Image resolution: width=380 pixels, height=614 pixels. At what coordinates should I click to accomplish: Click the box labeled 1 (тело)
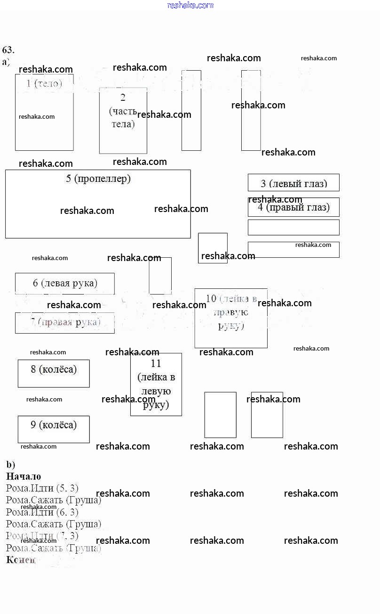[44, 112]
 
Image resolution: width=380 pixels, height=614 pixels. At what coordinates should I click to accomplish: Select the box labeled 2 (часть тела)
[123, 120]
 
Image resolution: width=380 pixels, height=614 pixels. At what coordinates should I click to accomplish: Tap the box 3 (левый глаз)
[293, 183]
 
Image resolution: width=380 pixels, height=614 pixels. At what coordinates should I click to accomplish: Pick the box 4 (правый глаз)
[293, 207]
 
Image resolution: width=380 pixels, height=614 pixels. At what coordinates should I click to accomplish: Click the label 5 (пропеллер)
[98, 179]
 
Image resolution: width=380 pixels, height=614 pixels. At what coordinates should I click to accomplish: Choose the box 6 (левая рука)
[65, 283]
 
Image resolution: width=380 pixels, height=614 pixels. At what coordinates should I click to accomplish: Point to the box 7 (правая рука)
[65, 323]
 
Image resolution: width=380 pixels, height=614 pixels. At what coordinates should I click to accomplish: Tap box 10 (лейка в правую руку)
[231, 318]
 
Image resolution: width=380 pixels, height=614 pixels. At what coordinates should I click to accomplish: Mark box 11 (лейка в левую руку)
[156, 384]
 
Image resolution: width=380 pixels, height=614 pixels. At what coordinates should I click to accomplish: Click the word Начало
[24, 476]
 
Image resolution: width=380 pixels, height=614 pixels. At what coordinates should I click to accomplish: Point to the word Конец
[21, 560]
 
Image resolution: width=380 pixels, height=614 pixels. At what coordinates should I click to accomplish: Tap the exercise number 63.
[8, 50]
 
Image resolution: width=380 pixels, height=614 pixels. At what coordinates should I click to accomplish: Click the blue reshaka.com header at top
[190, 5]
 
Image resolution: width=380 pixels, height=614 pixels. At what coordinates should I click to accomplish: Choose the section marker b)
[10, 464]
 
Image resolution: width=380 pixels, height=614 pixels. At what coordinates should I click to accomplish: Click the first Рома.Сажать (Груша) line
[54, 500]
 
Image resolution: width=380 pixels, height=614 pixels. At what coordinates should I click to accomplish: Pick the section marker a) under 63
[6, 62]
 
